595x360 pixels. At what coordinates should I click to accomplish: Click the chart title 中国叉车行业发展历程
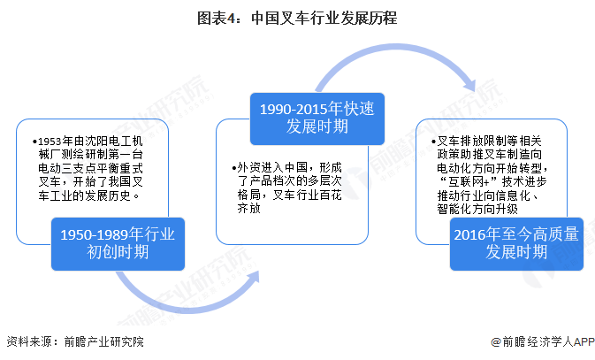coord(326,17)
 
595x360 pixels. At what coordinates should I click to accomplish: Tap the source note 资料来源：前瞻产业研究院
coord(74,341)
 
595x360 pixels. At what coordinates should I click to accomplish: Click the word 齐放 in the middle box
coord(249,210)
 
